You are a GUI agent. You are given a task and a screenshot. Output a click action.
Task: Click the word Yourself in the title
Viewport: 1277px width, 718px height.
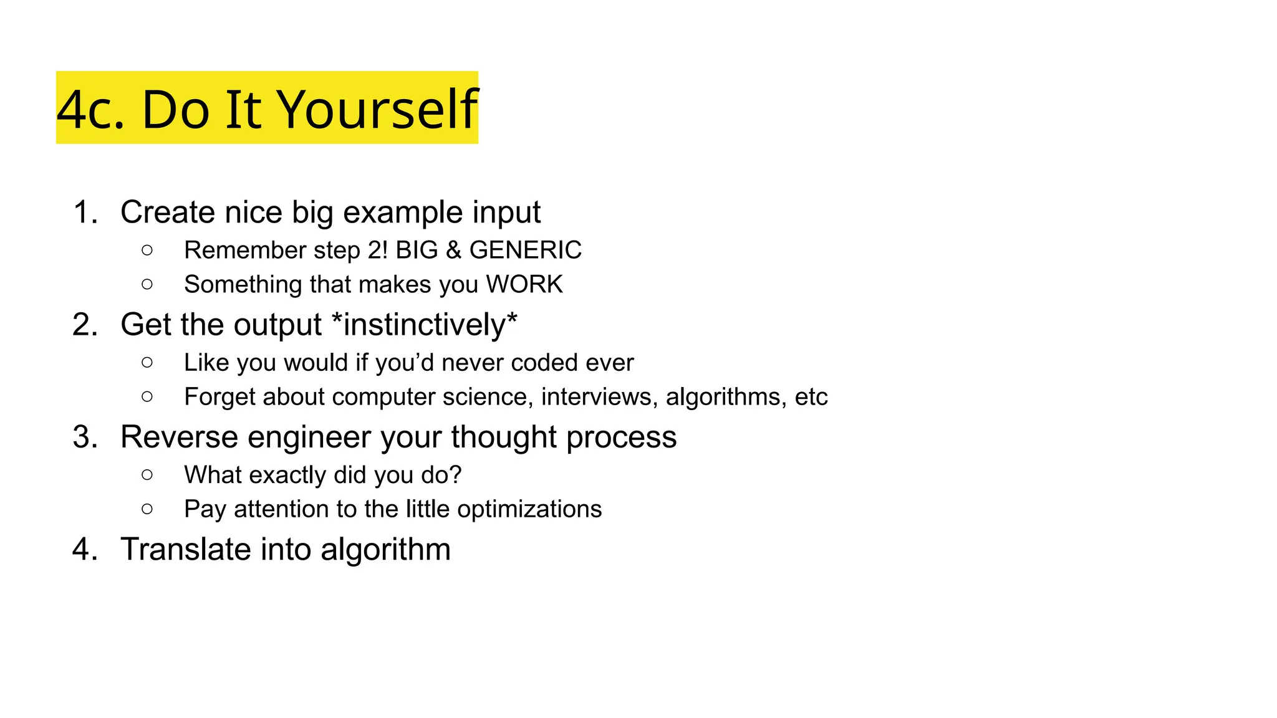point(377,110)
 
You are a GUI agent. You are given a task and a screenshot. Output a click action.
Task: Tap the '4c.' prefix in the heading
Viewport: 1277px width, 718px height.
point(90,110)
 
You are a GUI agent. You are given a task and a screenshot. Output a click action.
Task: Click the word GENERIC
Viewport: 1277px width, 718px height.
point(525,250)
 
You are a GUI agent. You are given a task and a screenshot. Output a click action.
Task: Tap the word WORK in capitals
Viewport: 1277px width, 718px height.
point(524,284)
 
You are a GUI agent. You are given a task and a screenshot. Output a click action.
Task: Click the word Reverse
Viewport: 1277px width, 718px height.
point(178,437)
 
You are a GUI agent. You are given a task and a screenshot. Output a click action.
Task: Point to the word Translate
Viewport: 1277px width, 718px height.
point(185,549)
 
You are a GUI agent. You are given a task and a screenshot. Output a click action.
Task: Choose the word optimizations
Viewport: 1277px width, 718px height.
point(529,509)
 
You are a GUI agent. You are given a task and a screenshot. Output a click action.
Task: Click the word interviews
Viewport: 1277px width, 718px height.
point(599,397)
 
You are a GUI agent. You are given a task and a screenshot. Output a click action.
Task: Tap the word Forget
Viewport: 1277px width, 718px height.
point(219,397)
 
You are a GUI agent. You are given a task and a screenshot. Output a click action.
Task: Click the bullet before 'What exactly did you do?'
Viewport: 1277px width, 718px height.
point(147,475)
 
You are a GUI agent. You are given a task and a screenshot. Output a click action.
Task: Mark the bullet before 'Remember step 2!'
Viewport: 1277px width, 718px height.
point(147,251)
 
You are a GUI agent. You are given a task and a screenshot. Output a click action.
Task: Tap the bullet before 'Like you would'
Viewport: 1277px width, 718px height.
point(147,363)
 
